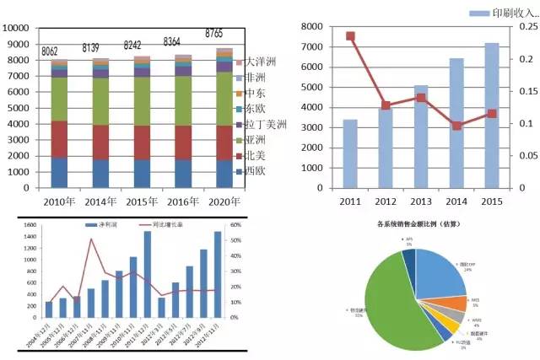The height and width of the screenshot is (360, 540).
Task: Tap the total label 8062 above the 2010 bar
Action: [x=56, y=51]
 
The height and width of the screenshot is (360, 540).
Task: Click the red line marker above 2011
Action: [x=350, y=36]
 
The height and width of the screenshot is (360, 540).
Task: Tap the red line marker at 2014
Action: [x=456, y=126]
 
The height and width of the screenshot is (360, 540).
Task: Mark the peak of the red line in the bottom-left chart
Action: [x=91, y=239]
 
